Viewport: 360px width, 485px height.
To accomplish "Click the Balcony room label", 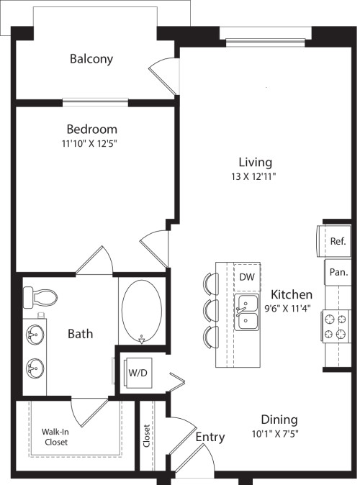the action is pos(91,59).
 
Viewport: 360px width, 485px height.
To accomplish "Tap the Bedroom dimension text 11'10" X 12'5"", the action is pos(89,143).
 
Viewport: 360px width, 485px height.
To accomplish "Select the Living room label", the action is pos(256,162).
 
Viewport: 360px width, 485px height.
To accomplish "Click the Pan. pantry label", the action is pos(338,272).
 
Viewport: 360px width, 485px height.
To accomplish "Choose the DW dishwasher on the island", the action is pos(247,277).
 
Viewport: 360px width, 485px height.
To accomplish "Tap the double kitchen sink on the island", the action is pos(246,312).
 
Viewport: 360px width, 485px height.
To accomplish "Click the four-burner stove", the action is pos(336,326).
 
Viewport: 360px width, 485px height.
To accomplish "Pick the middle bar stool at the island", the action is pos(211,311).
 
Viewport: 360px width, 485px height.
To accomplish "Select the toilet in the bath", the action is pos(40,297).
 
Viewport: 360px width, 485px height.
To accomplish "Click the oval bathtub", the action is pos(142,312).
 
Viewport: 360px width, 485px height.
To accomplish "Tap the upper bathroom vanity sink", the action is pos(35,335).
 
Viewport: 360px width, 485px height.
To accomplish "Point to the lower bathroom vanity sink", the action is pos(35,368).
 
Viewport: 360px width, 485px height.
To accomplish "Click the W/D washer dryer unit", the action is pos(138,373).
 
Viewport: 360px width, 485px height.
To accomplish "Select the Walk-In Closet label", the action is pos(55,437).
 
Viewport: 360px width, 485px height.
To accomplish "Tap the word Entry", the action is pos(210,437).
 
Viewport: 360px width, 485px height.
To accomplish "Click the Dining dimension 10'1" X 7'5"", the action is pos(275,434).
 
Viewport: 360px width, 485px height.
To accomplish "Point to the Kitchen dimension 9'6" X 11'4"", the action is pos(287,309).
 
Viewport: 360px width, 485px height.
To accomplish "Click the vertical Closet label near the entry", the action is pos(146,436).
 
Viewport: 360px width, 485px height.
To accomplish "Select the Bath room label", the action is pos(80,334).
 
